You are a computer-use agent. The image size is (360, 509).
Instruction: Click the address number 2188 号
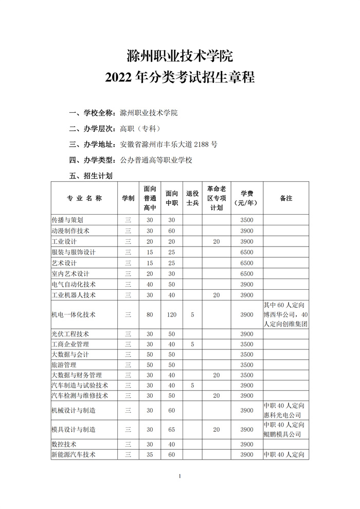(205, 144)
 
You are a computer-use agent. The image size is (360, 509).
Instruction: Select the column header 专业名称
(84, 198)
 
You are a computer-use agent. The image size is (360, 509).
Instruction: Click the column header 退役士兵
(192, 198)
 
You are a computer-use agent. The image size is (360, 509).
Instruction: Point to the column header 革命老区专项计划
(217, 198)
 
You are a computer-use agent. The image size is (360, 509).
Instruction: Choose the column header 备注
(286, 198)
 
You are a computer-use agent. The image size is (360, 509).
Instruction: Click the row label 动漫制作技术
(70, 231)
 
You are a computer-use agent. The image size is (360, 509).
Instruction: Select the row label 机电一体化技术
(74, 314)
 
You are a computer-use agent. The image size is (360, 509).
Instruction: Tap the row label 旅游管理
(64, 365)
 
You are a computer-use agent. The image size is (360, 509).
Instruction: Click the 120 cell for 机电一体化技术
(171, 314)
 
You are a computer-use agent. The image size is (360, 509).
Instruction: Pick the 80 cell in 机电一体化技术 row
(150, 314)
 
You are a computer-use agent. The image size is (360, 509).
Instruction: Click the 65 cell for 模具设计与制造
(171, 429)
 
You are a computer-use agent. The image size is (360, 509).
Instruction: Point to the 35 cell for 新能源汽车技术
(150, 454)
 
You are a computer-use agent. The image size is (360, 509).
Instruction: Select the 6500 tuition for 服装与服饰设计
(247, 252)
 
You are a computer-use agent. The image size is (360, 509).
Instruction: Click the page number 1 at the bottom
(180, 476)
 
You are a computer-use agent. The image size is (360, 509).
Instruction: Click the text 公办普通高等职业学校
(156, 160)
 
